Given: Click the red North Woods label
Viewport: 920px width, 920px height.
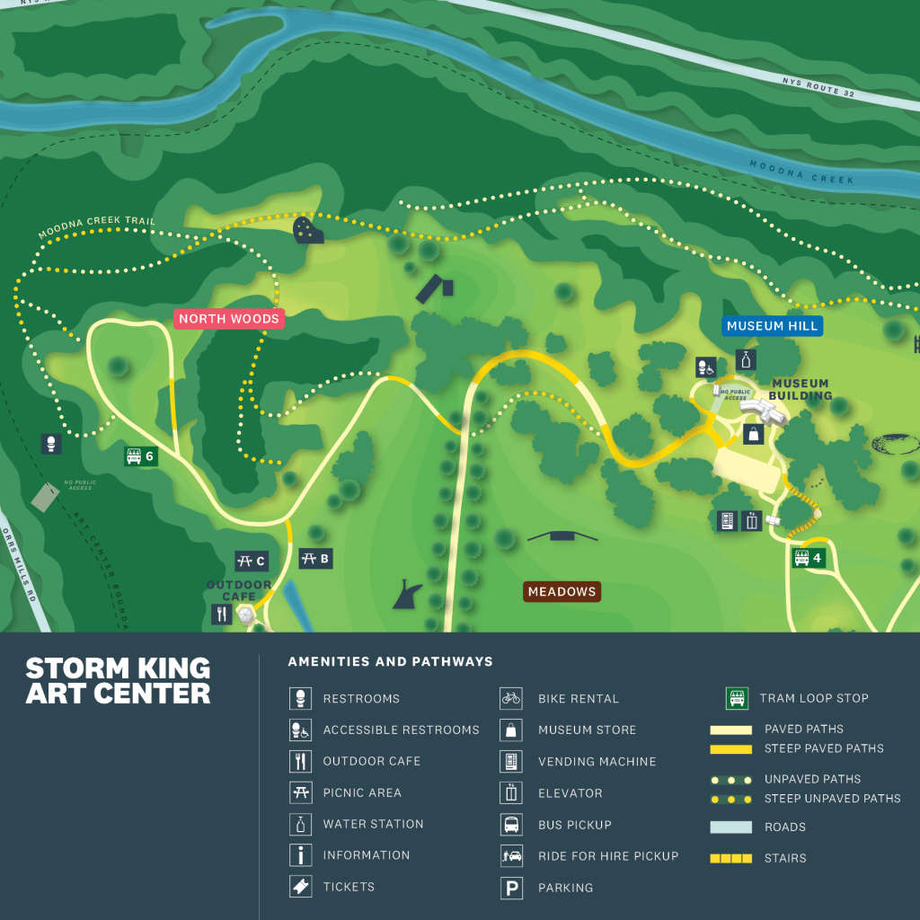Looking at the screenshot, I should [229, 319].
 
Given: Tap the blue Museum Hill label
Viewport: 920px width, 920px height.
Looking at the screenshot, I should [773, 326].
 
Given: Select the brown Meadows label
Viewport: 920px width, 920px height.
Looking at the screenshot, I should [562, 592].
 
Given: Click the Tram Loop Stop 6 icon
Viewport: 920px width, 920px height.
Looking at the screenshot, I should [134, 456].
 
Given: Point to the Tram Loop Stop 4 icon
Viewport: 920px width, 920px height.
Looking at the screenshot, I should [801, 558].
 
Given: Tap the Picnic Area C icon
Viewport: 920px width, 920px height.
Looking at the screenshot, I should [244, 562].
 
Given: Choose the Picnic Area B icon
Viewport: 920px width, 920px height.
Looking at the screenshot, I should [309, 559].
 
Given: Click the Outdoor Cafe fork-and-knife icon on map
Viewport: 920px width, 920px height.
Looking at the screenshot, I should [221, 615].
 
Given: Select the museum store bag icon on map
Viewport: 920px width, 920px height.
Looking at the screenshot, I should [753, 435].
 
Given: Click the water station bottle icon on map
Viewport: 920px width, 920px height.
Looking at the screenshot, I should [745, 360].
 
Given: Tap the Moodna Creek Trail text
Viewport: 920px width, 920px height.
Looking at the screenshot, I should [97, 228].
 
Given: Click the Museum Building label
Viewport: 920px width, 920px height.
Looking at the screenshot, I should [801, 390].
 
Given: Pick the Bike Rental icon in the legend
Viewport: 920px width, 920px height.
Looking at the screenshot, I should [511, 698].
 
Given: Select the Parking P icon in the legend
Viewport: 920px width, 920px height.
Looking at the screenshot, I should [511, 888].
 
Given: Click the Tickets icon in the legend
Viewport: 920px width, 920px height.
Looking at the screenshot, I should [300, 887].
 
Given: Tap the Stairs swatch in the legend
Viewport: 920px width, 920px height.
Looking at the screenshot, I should [731, 858].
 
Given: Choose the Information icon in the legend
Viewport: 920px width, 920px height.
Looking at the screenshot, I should [300, 855].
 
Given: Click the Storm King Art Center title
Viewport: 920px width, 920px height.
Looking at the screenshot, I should [118, 681].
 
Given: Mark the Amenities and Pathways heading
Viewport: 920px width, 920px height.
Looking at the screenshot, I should [390, 662].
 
